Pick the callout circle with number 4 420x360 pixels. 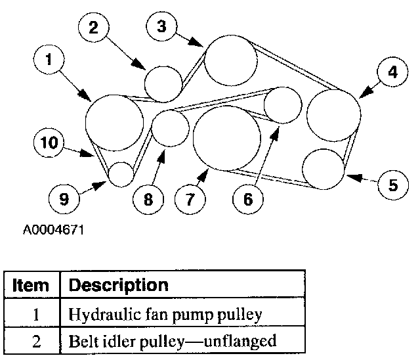pos(392,73)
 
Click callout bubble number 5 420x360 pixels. pos(392,185)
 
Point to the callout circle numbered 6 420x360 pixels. pos(248,199)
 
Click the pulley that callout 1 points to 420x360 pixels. pos(115,122)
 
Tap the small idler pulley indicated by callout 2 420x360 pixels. pos(162,83)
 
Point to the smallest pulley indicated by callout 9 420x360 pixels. pos(121,175)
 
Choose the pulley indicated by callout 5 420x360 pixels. pos(324,169)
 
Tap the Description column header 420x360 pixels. pos(118,286)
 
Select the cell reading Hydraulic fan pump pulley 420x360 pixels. pos(165,315)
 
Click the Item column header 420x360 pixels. pos(31,286)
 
